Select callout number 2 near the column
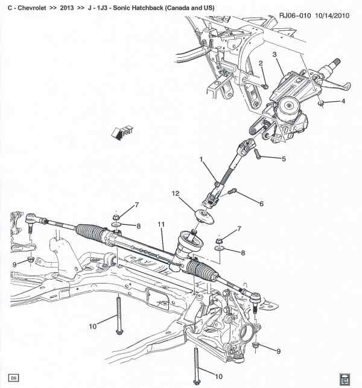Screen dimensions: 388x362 [x=261, y=63]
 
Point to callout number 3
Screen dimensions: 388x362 [x=275, y=55]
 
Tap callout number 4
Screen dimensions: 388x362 [x=343, y=101]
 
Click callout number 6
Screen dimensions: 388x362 [x=261, y=204]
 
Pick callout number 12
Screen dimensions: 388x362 [x=176, y=194]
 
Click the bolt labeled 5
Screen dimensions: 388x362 [x=258, y=155]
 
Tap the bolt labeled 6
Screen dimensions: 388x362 [x=233, y=193]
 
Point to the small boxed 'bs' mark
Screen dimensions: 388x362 [x=13, y=378]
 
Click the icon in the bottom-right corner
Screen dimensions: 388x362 [x=345, y=378]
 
